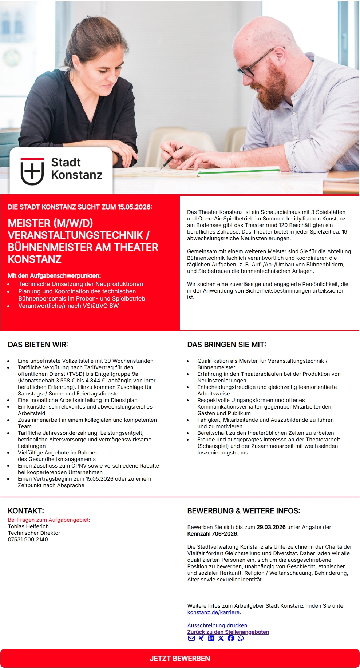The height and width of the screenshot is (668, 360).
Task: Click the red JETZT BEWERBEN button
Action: pos(180,658)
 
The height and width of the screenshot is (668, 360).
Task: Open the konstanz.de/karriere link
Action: pos(213,612)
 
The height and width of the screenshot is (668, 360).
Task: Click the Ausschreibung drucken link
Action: pos(217,625)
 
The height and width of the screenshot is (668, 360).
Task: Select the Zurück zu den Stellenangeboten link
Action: pos(228,632)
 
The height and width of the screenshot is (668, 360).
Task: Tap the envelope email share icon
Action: pos(191,639)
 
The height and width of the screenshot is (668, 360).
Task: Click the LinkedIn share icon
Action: pos(211,639)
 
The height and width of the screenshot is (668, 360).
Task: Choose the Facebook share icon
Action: pos(231,639)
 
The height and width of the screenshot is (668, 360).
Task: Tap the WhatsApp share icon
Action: pos(241,639)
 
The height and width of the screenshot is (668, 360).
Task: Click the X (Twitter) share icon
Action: pos(221,639)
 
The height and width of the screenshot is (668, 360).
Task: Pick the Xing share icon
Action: pos(201,639)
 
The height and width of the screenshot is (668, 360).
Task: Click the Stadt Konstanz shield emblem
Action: pos(32,171)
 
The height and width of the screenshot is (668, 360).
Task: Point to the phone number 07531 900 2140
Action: pos(28,540)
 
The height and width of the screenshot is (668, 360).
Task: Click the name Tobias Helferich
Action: pos(28,526)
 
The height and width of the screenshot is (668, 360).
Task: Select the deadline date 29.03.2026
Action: pos(271,527)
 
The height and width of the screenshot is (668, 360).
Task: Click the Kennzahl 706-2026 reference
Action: pos(212,534)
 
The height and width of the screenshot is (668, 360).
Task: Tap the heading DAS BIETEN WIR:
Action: pos(38,345)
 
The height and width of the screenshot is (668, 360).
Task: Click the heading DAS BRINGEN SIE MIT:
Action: pos(227,345)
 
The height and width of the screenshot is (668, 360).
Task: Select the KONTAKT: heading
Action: pos(26,511)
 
